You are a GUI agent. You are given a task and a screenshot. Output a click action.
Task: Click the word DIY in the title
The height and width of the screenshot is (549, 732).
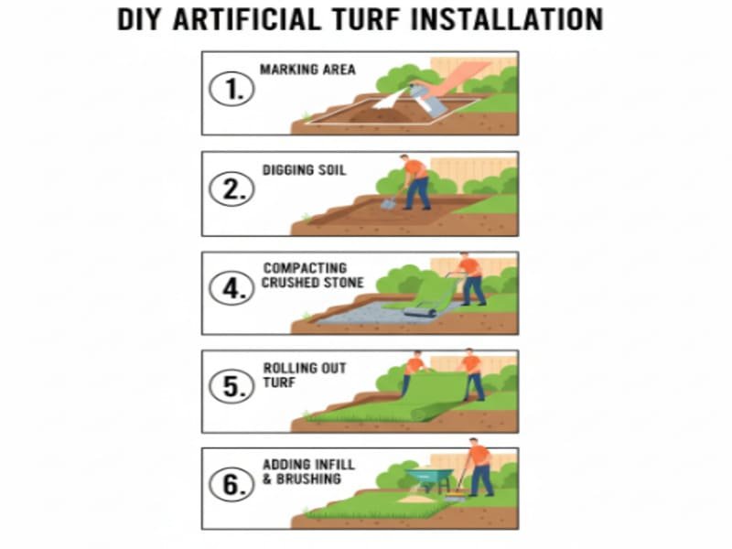click(x=139, y=19)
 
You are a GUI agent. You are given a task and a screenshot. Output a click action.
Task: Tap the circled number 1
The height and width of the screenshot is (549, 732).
click(x=232, y=89)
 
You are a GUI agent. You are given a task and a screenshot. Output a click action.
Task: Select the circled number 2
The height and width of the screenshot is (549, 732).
click(x=232, y=189)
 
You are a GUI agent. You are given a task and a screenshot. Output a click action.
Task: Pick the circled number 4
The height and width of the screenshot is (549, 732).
click(x=232, y=288)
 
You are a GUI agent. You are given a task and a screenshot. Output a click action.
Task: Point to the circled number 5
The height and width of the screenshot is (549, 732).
click(x=232, y=386)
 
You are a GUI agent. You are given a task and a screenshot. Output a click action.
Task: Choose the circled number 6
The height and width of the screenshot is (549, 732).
click(x=232, y=484)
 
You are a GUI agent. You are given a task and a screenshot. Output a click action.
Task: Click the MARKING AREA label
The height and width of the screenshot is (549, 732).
click(x=307, y=70)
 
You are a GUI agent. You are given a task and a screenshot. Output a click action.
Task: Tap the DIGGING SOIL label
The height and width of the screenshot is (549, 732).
click(x=305, y=170)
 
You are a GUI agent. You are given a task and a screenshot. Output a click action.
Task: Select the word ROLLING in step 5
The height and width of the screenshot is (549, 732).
click(x=285, y=368)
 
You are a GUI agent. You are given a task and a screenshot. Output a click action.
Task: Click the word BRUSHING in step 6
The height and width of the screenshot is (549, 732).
click(x=308, y=479)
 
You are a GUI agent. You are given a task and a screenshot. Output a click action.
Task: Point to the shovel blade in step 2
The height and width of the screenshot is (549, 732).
click(x=388, y=203)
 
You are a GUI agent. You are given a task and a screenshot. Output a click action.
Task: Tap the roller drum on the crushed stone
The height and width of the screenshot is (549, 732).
click(x=420, y=312)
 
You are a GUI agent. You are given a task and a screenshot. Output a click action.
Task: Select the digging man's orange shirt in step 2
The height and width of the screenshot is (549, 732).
click(x=415, y=169)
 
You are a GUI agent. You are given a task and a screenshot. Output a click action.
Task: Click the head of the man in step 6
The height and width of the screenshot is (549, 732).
click(x=473, y=442)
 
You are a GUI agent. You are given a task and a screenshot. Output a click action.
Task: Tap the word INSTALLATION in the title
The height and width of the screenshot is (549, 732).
click(x=508, y=19)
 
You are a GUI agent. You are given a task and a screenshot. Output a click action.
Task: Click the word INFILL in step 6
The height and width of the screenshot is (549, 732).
click(x=335, y=465)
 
